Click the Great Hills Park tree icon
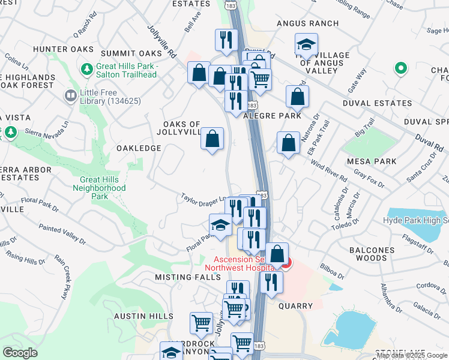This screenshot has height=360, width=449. click(x=88, y=70)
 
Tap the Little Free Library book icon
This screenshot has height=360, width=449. click(x=71, y=95)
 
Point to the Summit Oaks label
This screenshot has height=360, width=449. click(x=131, y=53)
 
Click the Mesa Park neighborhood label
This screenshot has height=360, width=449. click(x=372, y=161)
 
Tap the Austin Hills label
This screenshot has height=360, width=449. click(x=144, y=316)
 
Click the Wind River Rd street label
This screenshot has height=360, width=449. click(x=328, y=172)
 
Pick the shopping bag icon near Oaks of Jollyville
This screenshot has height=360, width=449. click(x=212, y=139)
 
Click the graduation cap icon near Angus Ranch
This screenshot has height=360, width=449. click(x=306, y=44)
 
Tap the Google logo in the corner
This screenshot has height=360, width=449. click(x=20, y=353)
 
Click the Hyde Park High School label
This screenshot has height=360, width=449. click(x=415, y=220)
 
